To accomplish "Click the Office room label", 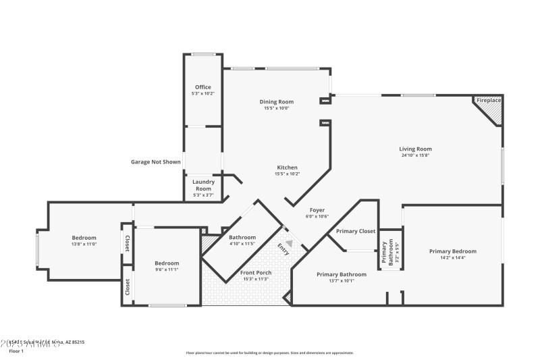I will point(203,87).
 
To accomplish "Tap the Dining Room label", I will point(277,102).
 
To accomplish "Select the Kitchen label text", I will point(287,168).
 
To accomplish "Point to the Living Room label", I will point(415,149).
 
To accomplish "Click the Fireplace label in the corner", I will point(489,101).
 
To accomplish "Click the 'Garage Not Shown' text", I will point(156,162).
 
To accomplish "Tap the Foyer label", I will point(317,210).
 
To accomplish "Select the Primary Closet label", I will point(356,231).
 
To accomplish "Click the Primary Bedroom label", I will point(453,251).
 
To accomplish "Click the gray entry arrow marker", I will point(290,243).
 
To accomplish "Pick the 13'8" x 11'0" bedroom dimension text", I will point(84,244).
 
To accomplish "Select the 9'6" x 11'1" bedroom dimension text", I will point(167,269).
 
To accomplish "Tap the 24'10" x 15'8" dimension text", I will point(415,155).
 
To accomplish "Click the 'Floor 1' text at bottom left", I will point(16,351).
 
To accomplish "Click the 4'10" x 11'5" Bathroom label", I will point(242,244).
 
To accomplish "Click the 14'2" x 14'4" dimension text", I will point(453,257).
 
